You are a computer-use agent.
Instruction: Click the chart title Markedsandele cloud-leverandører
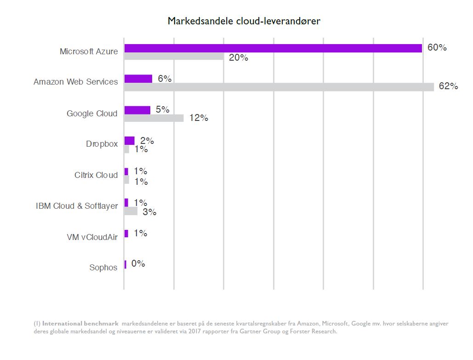244,21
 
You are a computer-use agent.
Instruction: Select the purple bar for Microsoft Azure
273,48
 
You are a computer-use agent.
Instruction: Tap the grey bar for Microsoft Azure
174,57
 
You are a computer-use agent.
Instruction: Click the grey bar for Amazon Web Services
279,87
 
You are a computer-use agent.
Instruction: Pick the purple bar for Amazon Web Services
138,79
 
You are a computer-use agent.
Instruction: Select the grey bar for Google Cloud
154,118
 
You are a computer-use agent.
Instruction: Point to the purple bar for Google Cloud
137,110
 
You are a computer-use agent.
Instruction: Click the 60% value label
437,47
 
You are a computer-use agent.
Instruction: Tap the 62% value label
448,86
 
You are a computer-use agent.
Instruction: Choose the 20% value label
239,57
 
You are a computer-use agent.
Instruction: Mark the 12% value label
199,118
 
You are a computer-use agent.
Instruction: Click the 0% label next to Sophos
138,264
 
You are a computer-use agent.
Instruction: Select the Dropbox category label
102,144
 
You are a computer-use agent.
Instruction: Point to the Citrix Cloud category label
96,175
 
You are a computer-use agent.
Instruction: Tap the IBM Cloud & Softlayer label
77,206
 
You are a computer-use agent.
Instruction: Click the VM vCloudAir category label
92,237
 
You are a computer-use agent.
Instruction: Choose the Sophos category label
103,268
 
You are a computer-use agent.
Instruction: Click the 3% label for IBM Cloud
149,212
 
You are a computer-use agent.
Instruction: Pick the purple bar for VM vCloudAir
126,234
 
